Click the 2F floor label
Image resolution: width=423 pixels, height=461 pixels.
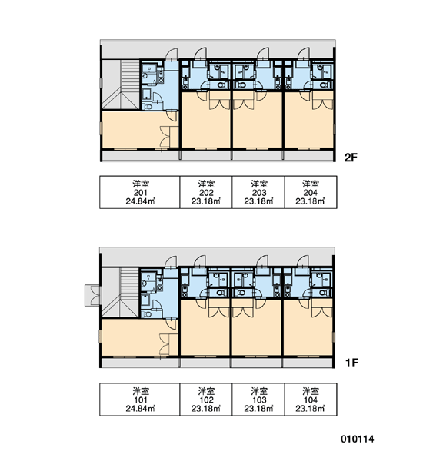(x=351, y=158)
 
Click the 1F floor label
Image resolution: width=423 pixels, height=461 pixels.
(x=351, y=363)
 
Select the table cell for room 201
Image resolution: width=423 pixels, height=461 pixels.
(x=140, y=192)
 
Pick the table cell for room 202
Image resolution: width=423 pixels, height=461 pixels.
(x=206, y=192)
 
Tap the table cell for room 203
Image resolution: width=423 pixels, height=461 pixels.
(x=258, y=192)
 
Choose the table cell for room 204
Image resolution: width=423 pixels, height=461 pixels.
(x=311, y=192)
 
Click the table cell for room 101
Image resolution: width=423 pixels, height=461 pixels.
(x=140, y=400)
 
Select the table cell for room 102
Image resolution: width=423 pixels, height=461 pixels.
(x=206, y=400)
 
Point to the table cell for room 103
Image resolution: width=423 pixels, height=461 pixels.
(x=258, y=400)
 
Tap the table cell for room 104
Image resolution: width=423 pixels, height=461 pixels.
(x=311, y=400)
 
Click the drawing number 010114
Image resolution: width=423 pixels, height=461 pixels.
(x=358, y=439)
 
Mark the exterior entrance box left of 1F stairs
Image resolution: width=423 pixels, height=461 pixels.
(x=93, y=296)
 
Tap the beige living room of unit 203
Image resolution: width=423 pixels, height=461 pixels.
(x=258, y=120)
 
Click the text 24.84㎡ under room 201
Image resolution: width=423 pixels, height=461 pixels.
(x=141, y=201)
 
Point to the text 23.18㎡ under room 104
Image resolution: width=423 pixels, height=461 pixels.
(x=310, y=409)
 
